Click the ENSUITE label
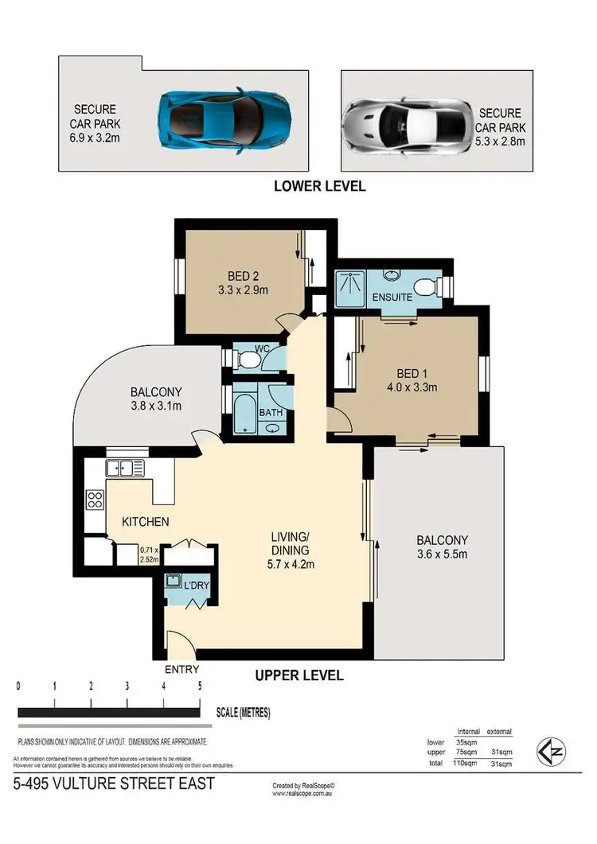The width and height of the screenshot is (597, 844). (x=392, y=297)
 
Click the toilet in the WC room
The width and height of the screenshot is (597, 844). (x=249, y=361)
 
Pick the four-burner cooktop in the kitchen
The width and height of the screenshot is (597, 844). (x=95, y=500)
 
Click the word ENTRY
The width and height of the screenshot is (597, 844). (x=181, y=669)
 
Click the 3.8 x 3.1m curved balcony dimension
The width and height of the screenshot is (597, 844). (x=157, y=406)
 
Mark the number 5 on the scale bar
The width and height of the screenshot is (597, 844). (x=200, y=686)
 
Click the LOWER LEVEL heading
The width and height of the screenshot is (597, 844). (x=319, y=186)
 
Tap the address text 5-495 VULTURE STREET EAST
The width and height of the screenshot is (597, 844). (x=114, y=784)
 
